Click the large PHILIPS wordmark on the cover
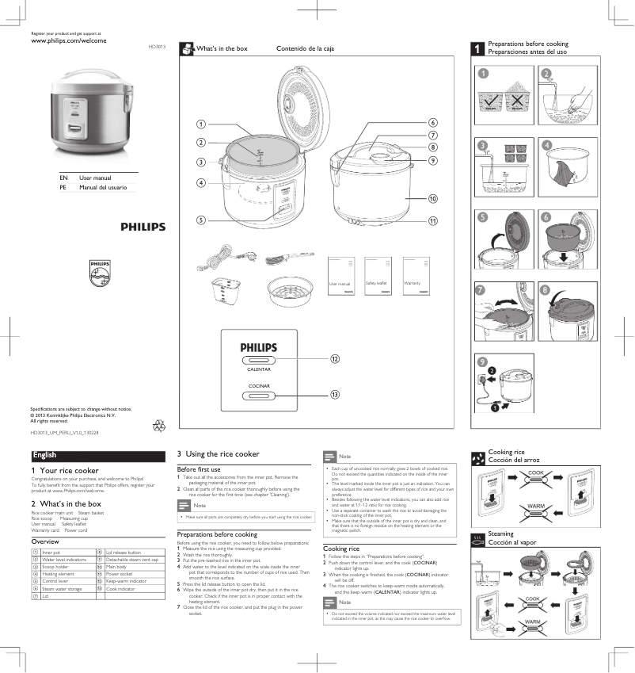(143, 227)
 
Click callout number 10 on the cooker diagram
(433, 198)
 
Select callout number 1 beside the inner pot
(201, 124)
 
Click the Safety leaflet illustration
(378, 276)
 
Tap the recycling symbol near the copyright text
(158, 426)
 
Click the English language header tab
(45, 455)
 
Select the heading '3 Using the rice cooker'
(218, 454)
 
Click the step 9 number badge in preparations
(482, 361)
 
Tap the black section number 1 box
(477, 48)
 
